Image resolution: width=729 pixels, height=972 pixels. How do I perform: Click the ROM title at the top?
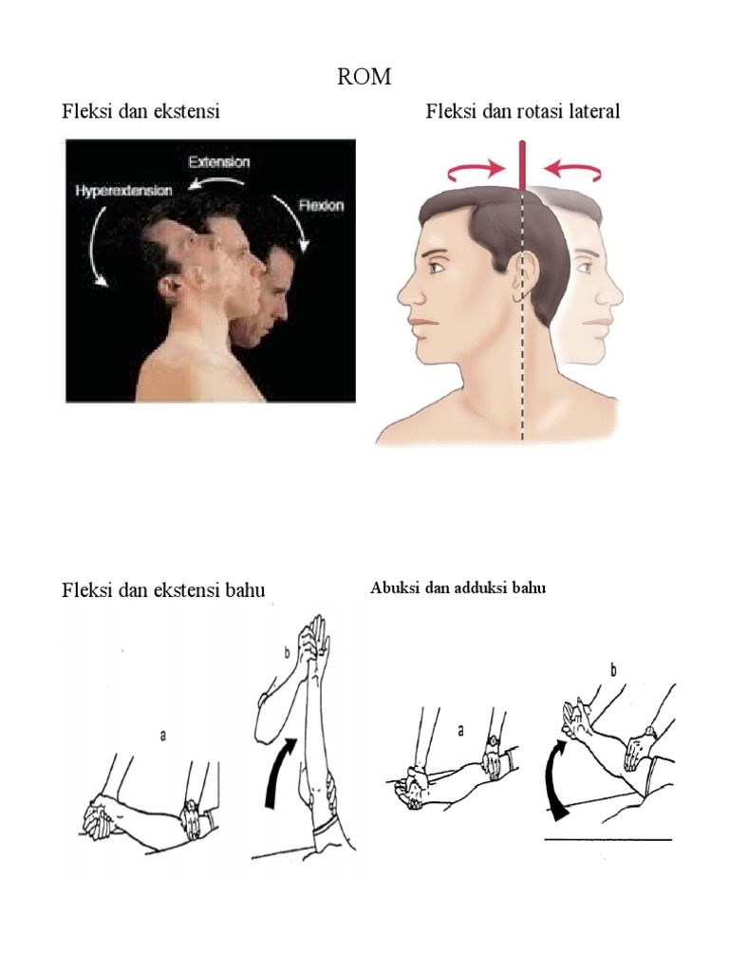[364, 77]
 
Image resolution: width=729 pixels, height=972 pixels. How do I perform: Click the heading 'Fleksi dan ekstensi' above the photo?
[140, 112]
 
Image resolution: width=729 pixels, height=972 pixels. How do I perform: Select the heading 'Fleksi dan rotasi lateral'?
[522, 112]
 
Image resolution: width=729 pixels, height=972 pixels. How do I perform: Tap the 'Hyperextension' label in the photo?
[123, 191]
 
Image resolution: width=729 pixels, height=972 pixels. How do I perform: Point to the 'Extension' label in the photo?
[219, 161]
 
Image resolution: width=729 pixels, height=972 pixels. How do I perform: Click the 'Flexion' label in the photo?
[319, 204]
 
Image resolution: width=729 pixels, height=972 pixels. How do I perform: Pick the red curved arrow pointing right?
[475, 171]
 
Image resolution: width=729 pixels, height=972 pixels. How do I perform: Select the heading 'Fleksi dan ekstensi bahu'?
[163, 590]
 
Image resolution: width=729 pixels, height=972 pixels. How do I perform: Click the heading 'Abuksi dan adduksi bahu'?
[458, 589]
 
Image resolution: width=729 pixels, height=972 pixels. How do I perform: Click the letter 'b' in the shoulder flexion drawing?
[285, 654]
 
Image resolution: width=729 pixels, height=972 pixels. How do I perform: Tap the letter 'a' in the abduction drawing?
[461, 731]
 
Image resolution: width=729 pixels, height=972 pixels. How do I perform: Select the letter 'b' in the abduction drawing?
[613, 671]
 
